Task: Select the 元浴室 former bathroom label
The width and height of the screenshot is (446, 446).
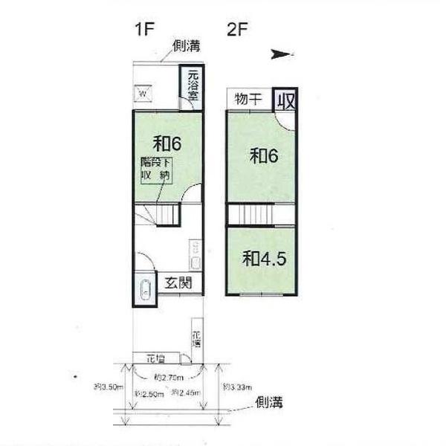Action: [193, 85]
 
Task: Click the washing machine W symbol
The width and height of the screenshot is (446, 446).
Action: [143, 94]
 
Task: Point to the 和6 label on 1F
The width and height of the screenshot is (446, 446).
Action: [167, 142]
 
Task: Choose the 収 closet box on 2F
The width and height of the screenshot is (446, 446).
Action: [285, 100]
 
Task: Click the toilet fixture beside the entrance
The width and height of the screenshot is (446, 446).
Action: [143, 291]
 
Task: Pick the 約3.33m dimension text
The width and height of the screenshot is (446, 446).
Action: [237, 387]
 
